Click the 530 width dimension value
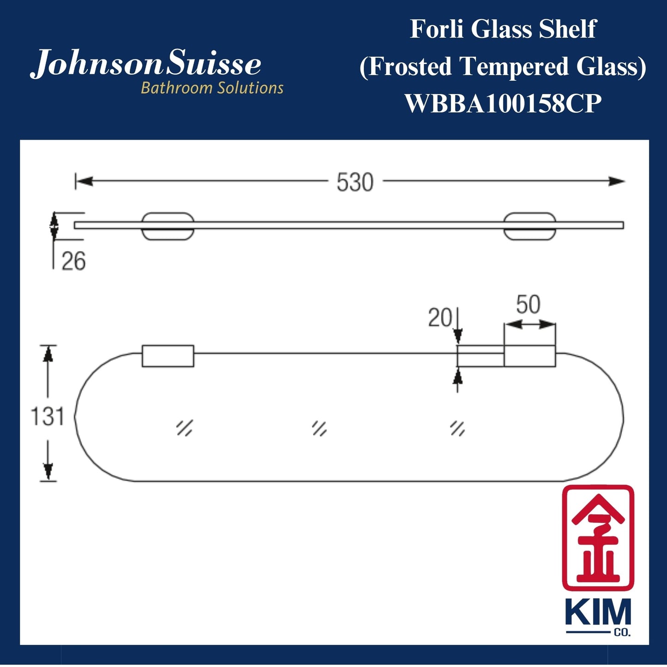355,182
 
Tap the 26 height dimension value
73,261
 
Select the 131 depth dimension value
47,416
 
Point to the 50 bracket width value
528,305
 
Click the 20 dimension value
439,318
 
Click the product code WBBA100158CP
503,103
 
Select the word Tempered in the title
515,66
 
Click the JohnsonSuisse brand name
146,64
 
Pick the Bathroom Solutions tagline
212,88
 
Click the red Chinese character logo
598,538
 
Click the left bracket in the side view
168,226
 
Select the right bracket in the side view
529,226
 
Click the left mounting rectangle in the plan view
168,356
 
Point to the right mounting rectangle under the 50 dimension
529,356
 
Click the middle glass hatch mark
319,428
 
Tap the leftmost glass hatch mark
184,428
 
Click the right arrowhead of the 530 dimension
617,181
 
